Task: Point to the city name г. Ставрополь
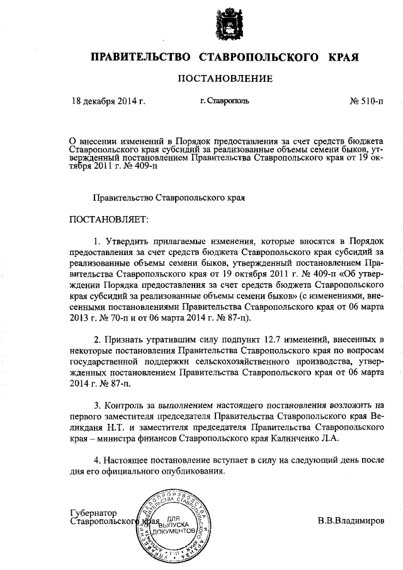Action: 225,101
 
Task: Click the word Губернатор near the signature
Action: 94,513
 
